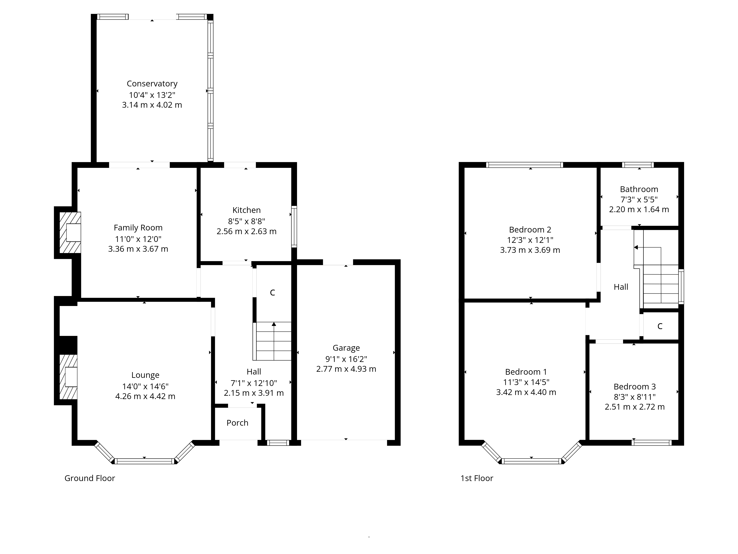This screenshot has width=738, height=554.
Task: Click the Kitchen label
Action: (x=246, y=210)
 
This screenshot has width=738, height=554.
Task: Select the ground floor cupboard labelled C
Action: (x=272, y=293)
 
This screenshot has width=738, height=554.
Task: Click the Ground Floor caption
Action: (x=89, y=478)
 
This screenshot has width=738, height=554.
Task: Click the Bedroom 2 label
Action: (x=530, y=230)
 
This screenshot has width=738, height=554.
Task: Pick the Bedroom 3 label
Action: (x=634, y=387)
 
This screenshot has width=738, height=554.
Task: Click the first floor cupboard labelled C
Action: (x=660, y=326)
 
